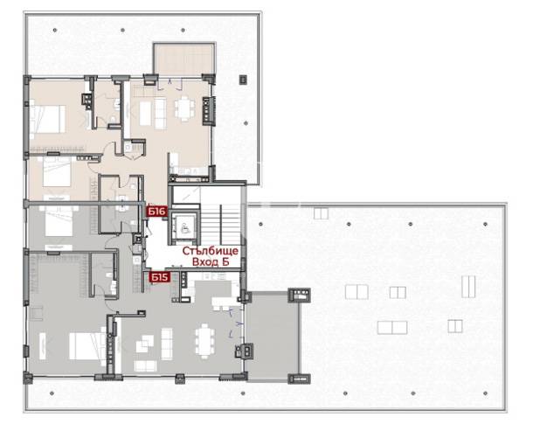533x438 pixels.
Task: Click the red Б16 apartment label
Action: [156, 212]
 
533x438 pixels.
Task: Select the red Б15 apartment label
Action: [159, 277]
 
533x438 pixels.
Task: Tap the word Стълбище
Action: [210, 251]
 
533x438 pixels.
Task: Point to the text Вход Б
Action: [211, 262]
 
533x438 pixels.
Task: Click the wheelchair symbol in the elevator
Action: [184, 227]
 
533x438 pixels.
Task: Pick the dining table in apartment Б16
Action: [184, 108]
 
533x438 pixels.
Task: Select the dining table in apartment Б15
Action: [204, 341]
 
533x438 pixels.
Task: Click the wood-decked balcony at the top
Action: [184, 59]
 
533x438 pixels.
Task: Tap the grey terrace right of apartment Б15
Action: [273, 337]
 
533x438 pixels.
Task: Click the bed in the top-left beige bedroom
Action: [47, 119]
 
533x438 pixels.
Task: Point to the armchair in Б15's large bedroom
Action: [37, 313]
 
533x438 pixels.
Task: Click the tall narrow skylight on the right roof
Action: [468, 287]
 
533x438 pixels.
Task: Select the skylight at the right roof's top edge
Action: [321, 213]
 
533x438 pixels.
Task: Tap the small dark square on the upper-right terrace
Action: [243, 80]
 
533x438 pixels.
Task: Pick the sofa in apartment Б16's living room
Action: [160, 114]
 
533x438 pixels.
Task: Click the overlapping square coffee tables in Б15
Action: [145, 344]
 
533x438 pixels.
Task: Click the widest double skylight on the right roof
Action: [392, 328]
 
